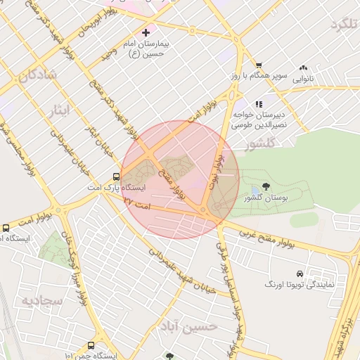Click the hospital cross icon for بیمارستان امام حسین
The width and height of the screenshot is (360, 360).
146,32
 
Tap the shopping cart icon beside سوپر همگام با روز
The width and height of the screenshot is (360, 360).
259,64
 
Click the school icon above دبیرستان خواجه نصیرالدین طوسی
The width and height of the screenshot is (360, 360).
259,104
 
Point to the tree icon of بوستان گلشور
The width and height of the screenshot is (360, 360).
266,186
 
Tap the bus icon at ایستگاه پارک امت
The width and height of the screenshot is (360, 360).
116,177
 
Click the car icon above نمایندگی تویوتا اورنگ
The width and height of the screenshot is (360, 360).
300,273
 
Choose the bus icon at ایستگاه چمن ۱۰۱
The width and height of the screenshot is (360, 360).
91,345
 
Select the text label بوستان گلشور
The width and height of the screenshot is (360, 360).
266,199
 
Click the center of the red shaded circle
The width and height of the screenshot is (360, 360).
180,180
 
